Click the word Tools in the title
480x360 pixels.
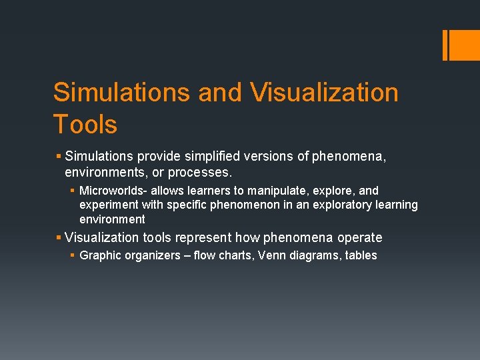[85, 125]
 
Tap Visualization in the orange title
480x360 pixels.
[325, 93]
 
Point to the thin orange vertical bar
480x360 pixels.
[445, 45]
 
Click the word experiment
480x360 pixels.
[109, 205]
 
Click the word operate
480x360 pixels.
[360, 237]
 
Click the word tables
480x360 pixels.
[361, 255]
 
